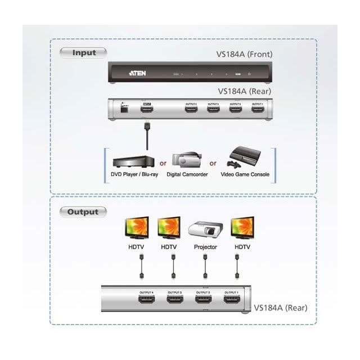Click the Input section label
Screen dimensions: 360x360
tap(84, 53)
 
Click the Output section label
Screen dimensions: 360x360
tap(83, 212)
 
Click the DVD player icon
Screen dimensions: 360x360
tap(133, 161)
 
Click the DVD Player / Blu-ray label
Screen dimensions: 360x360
tap(134, 175)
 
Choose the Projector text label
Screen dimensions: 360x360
tap(205, 247)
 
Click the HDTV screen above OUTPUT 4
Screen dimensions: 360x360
tap(137, 227)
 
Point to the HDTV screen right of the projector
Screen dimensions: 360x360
tap(241, 227)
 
